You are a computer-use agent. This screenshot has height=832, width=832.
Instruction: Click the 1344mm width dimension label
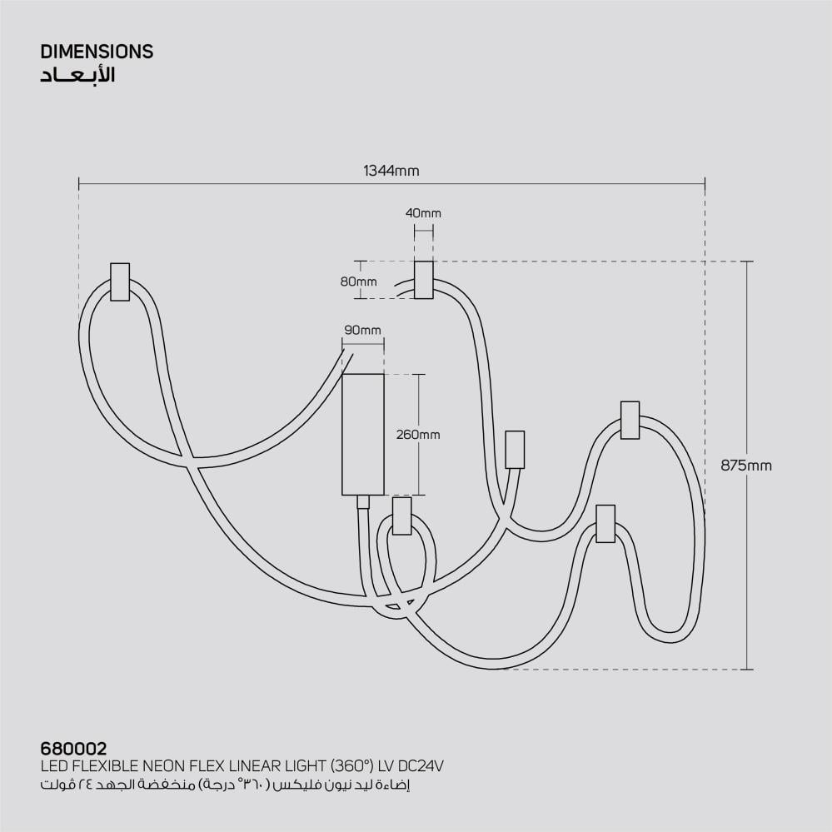[x=391, y=172]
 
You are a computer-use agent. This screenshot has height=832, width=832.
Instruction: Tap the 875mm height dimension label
[x=746, y=466]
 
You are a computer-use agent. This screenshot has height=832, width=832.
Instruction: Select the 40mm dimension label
[x=423, y=213]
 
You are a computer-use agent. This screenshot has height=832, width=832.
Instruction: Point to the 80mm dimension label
[x=358, y=281]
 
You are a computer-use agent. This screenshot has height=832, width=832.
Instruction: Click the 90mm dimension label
[x=362, y=331]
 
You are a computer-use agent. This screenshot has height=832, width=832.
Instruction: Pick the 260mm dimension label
[x=418, y=435]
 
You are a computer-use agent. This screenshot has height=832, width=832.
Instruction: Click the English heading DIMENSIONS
[x=97, y=52]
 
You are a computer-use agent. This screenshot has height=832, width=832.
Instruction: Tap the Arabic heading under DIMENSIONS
[x=77, y=76]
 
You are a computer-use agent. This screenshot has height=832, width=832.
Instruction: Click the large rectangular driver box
[x=363, y=434]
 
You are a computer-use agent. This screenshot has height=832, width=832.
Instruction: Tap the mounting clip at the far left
[x=120, y=281]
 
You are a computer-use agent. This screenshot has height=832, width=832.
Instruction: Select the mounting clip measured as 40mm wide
[x=424, y=279]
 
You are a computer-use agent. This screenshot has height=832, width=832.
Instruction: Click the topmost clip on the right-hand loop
[x=630, y=420]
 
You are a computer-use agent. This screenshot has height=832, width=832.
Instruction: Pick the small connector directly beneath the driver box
[x=362, y=501]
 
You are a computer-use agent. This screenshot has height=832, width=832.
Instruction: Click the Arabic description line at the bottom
[x=225, y=785]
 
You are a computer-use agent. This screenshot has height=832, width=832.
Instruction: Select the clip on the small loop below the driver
[x=401, y=516]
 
